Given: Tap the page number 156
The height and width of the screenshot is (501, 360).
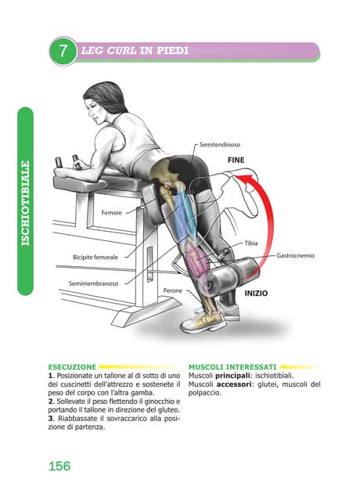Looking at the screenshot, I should pos(59,466).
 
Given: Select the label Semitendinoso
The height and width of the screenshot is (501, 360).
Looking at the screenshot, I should pos(219,145).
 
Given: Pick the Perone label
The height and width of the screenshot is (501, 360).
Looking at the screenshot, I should pos(172,290).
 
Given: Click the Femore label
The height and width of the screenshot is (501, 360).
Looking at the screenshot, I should pos(113,212).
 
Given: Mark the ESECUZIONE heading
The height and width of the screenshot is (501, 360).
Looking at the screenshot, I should pos(72,366).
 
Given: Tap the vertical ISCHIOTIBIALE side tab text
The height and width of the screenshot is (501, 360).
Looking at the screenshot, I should pos(26,203).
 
